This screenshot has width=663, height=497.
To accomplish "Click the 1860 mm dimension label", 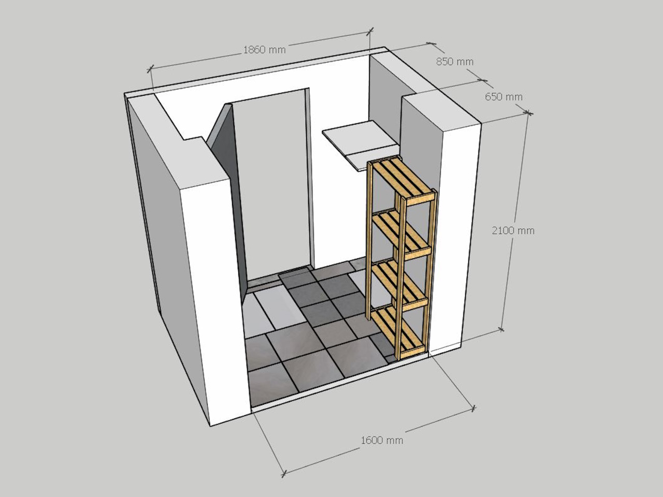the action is tap(264, 50).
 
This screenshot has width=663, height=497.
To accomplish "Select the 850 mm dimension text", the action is tap(455, 62).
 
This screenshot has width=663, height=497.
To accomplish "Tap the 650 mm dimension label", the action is tap(503, 97).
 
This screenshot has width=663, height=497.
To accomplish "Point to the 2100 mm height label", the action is tap(513, 231).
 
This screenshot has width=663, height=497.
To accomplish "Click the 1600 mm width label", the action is tap(382, 440).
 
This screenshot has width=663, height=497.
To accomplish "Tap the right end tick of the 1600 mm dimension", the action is tap(473, 408).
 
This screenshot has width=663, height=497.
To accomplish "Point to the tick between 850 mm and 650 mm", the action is tap(482, 81).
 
